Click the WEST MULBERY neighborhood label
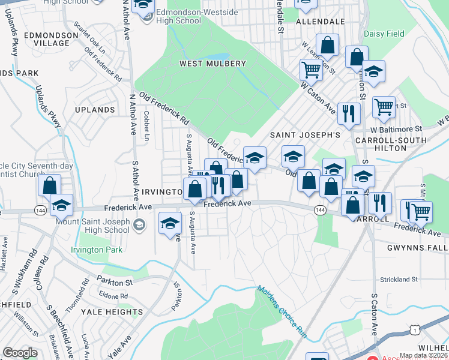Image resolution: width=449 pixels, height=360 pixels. [212, 64]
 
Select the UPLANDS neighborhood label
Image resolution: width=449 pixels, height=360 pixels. [95, 110]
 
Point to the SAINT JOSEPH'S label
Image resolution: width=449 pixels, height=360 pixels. [305, 135]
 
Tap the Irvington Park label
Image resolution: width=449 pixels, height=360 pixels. [97, 250]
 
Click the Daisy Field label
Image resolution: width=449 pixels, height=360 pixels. [384, 34]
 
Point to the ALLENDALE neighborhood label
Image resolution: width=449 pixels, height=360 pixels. [321, 21]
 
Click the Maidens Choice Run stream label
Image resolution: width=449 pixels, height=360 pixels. [282, 309]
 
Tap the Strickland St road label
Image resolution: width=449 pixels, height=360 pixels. [399, 280]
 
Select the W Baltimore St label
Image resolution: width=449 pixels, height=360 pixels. [396, 129]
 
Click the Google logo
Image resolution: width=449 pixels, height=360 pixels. [20, 353]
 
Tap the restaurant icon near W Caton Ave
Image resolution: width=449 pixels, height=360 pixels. [348, 112]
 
